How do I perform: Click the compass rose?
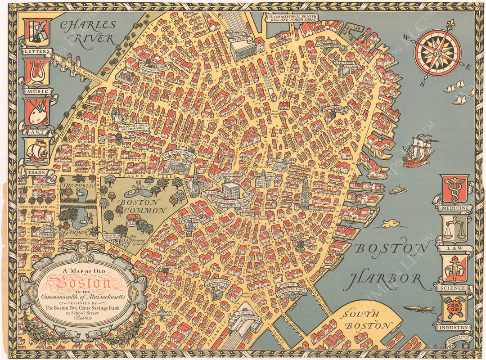437,53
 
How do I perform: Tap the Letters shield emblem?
36,32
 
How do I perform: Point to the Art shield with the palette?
37,112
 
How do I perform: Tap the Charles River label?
88,31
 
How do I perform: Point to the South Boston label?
365,320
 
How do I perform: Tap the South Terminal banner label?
246,315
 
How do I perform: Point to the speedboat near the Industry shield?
418,309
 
